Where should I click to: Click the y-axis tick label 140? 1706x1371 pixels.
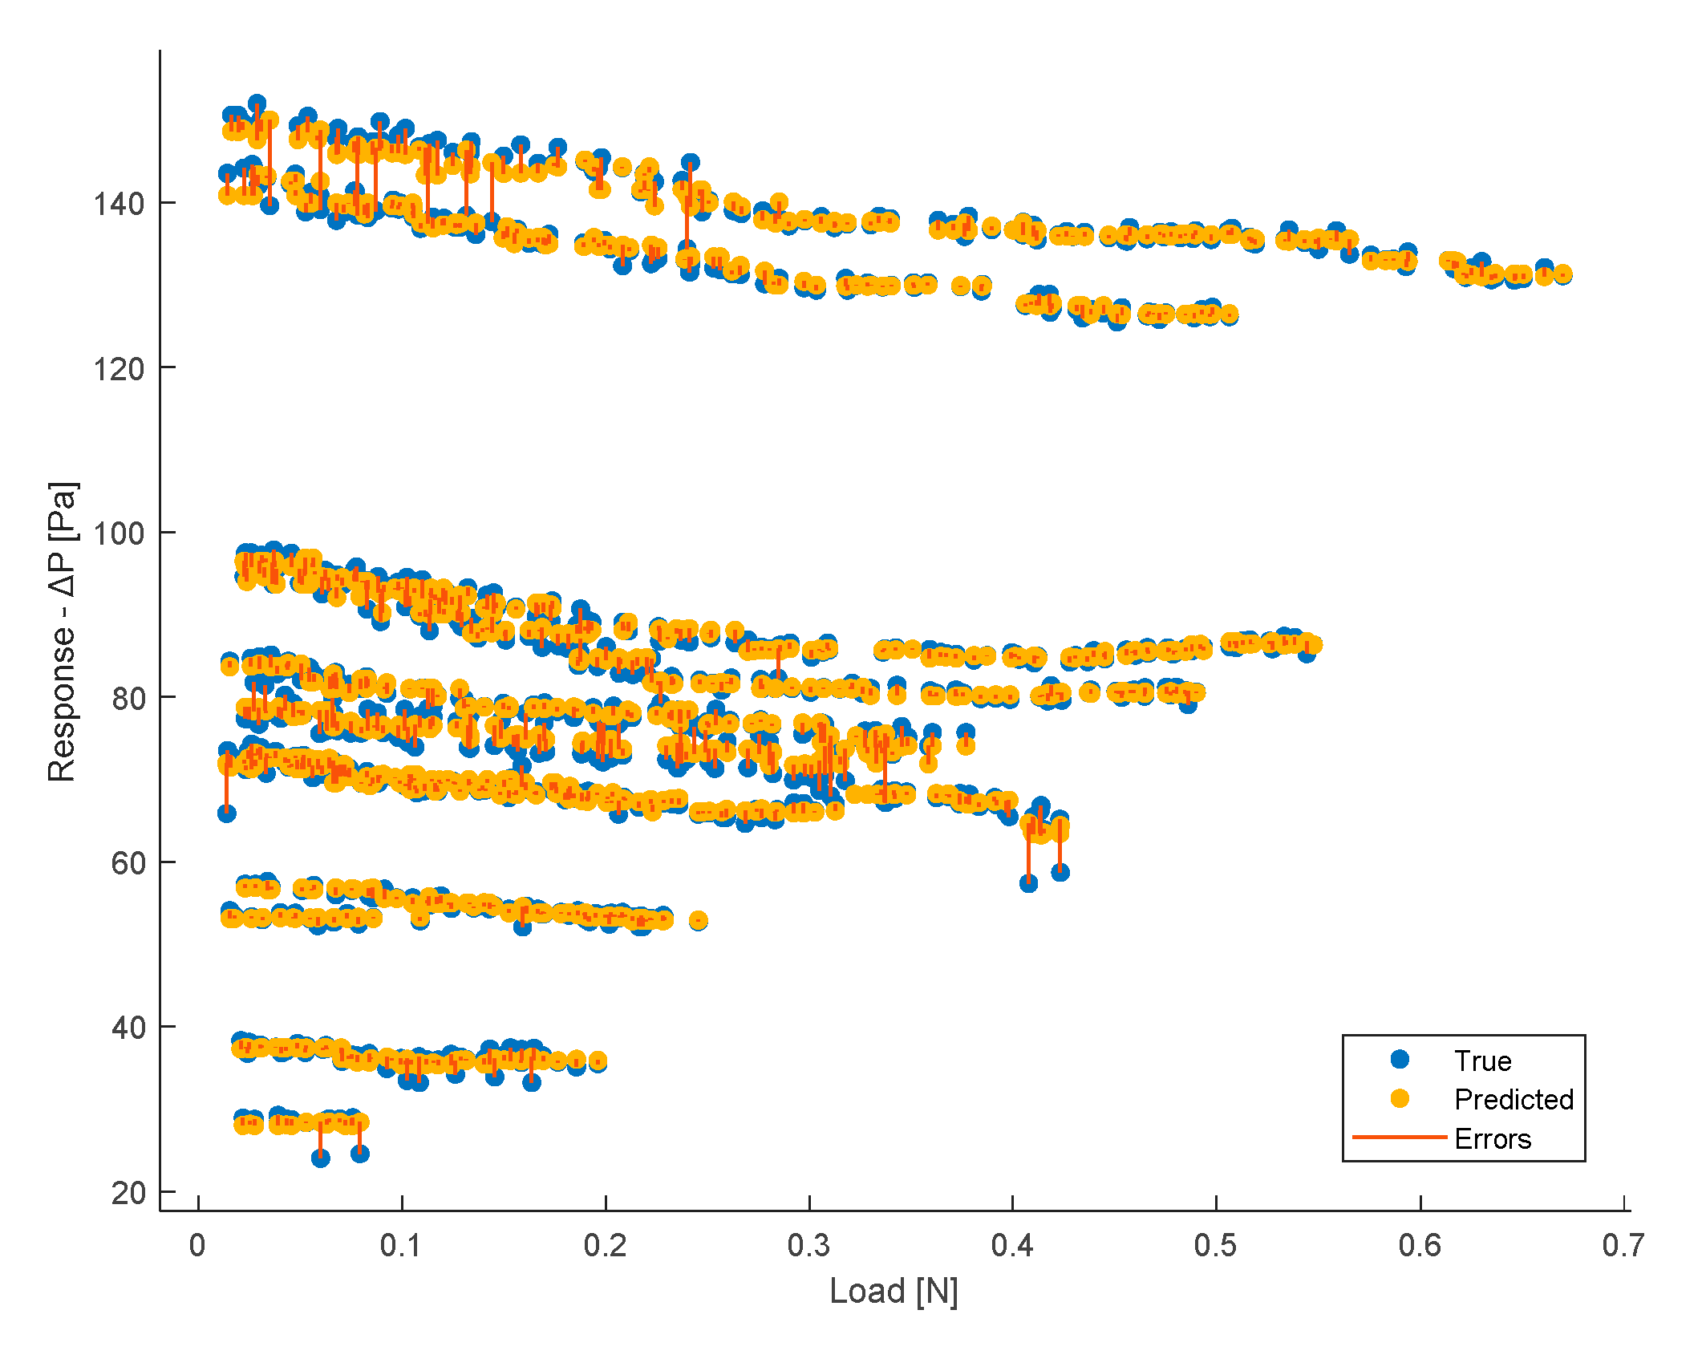(118, 204)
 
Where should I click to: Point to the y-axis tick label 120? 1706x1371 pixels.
(118, 369)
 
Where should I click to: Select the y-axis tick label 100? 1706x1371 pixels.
(118, 533)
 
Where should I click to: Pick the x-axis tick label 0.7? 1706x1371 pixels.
(1623, 1246)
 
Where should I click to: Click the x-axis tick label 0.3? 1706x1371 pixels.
(808, 1246)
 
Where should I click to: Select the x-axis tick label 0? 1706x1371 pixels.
(197, 1246)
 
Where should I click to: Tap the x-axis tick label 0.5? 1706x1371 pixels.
(1215, 1246)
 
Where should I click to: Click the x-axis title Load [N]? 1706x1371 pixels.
(894, 1291)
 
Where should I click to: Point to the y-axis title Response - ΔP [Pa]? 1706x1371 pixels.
(63, 631)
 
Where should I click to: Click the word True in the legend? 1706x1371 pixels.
(1482, 1061)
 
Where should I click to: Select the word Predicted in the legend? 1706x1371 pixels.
(1514, 1099)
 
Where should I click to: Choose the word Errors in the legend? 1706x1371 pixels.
(1493, 1138)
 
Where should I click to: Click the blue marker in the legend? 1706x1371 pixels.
(1400, 1060)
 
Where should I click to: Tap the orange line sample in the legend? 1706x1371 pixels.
(1400, 1138)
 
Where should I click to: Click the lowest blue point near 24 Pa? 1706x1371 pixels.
(320, 1157)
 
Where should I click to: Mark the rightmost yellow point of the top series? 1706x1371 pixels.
(1562, 274)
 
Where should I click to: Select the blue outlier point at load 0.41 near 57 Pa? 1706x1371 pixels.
(1028, 883)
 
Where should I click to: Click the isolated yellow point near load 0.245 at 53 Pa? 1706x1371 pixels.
(698, 920)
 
